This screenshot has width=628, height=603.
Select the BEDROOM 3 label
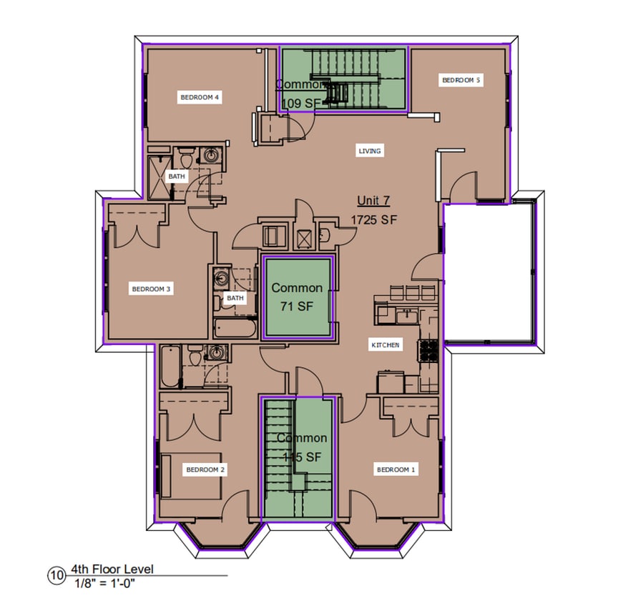pos(150,289)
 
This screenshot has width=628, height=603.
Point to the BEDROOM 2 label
pos(205,469)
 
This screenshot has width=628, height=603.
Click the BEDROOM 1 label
pos(396,469)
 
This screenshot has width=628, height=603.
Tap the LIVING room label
pos(370,151)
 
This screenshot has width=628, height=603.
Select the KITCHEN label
pos(386,345)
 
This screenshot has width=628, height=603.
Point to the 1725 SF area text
pos(373,220)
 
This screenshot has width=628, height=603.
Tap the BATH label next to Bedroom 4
pos(176,176)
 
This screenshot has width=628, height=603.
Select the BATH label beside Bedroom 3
pos(235,298)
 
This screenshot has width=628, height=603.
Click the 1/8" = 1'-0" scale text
pos(104,583)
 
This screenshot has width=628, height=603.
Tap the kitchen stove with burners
pos(428,350)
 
